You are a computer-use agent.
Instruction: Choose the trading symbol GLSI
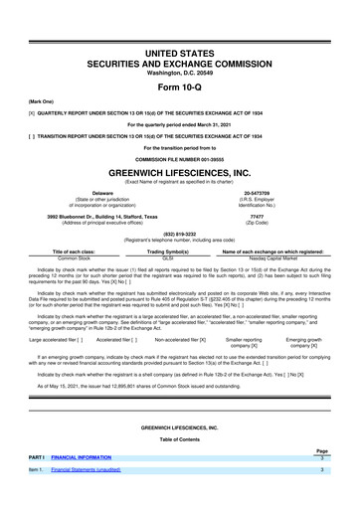click(181, 260)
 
